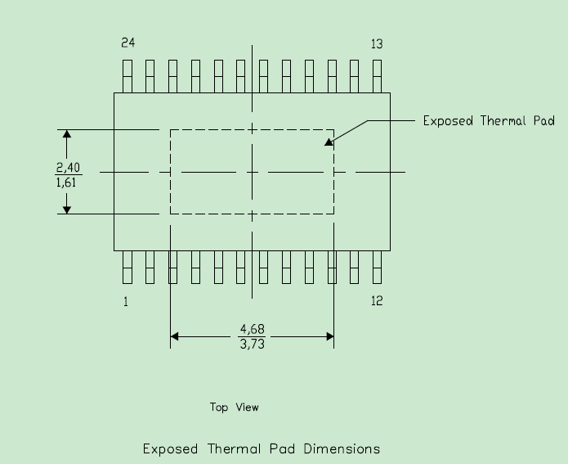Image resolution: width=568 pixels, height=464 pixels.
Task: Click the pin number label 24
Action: pyautogui.click(x=127, y=43)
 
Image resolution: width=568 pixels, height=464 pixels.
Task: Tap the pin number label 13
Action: pyautogui.click(x=377, y=44)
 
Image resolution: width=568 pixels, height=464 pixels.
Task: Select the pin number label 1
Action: pyautogui.click(x=126, y=301)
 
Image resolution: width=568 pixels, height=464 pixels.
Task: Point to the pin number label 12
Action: pyautogui.click(x=377, y=301)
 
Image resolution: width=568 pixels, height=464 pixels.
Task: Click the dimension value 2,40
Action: pyautogui.click(x=68, y=168)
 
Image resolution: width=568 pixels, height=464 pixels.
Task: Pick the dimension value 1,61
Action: pyautogui.click(x=66, y=182)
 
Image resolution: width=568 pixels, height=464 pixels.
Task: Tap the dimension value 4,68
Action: pyautogui.click(x=252, y=330)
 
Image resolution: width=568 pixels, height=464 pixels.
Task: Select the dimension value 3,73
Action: pyautogui.click(x=252, y=344)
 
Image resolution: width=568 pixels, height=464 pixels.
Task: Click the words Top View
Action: pyautogui.click(x=235, y=407)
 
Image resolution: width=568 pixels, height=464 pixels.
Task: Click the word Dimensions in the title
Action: pyautogui.click(x=342, y=449)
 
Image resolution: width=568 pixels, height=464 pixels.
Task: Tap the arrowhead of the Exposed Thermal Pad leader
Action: pyautogui.click(x=329, y=142)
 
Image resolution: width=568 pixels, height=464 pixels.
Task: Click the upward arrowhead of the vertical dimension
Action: pyautogui.click(x=67, y=134)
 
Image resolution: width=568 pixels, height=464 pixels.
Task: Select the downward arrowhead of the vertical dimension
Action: pyautogui.click(x=67, y=209)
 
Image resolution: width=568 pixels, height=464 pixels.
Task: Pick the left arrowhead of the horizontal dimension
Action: pyautogui.click(x=175, y=336)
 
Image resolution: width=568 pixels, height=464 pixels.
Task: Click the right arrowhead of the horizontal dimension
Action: pyautogui.click(x=329, y=336)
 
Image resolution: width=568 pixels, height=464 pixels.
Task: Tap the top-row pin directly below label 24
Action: pyautogui.click(x=127, y=77)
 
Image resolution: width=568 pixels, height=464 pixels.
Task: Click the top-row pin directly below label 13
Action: pyautogui.click(x=377, y=77)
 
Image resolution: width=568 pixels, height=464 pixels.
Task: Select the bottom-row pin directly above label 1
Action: pyautogui.click(x=127, y=267)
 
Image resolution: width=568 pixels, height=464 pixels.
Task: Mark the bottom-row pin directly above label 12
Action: pyautogui.click(x=377, y=267)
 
